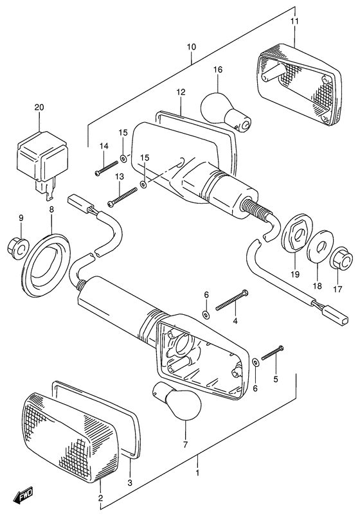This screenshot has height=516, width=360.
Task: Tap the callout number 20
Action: (x=39, y=107)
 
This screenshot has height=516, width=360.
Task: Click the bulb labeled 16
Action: (x=226, y=112)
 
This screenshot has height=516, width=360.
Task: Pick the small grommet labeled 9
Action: (x=18, y=245)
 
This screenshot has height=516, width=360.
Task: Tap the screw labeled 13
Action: (x=122, y=197)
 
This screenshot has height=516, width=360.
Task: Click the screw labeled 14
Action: (x=105, y=168)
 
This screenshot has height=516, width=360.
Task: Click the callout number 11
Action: (x=294, y=21)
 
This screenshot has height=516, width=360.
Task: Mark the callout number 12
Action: (x=181, y=92)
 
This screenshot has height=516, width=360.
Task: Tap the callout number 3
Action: (x=130, y=483)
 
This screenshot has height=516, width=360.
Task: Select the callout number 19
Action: (x=295, y=274)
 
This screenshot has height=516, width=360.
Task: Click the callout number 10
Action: (x=191, y=47)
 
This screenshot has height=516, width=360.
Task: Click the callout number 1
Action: (x=197, y=473)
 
